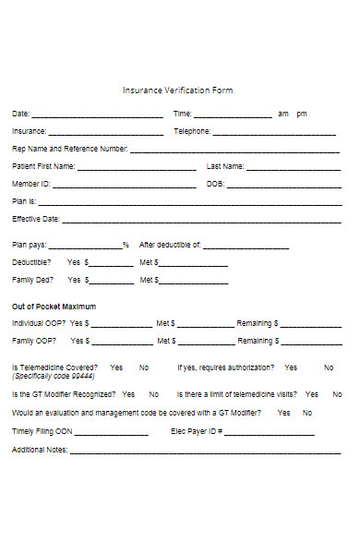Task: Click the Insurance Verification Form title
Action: click(178, 90)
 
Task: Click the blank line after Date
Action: click(98, 117)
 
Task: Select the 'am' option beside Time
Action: click(283, 114)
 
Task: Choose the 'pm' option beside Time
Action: click(302, 114)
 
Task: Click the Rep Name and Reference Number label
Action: click(69, 149)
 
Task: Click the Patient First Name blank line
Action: click(137, 170)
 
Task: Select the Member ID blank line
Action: click(120, 187)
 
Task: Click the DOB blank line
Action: click(283, 187)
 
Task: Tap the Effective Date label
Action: click(36, 219)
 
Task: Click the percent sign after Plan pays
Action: click(126, 246)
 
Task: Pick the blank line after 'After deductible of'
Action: click(246, 248)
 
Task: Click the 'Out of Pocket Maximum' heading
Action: click(54, 306)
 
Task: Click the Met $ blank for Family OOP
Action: click(206, 343)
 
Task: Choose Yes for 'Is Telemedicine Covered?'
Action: click(116, 367)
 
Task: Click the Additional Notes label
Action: click(40, 450)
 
